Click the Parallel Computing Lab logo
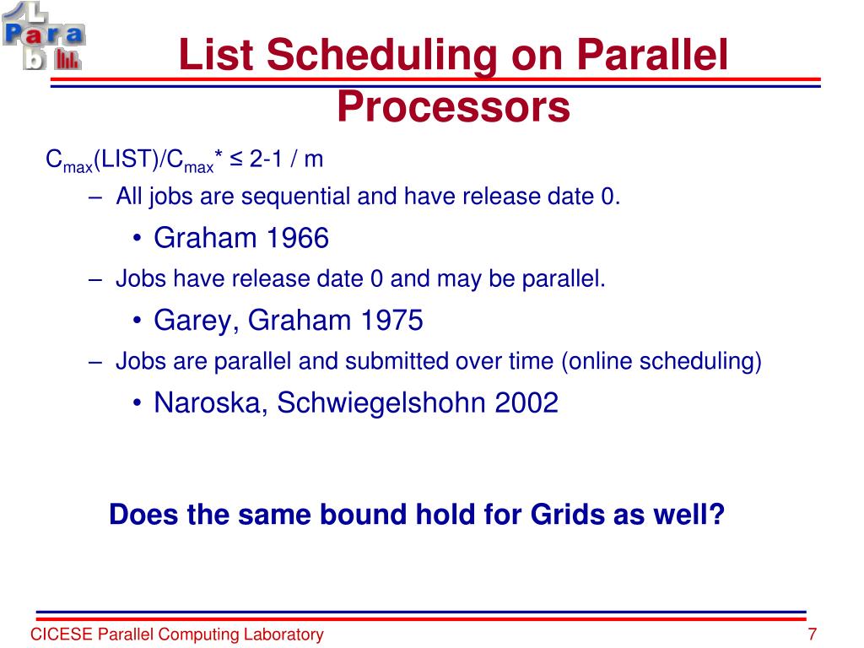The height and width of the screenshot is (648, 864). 43,36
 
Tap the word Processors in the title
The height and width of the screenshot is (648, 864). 453,107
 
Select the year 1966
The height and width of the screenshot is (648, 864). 298,238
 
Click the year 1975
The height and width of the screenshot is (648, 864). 391,320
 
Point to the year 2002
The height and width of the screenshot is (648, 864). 526,402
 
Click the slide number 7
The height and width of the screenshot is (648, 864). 812,634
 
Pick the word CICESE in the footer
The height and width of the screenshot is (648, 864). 62,634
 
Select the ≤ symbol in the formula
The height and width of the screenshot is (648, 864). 236,159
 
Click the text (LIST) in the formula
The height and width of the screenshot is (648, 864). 127,159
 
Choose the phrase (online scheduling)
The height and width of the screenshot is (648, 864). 661,362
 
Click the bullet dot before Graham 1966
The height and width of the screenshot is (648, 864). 137,239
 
